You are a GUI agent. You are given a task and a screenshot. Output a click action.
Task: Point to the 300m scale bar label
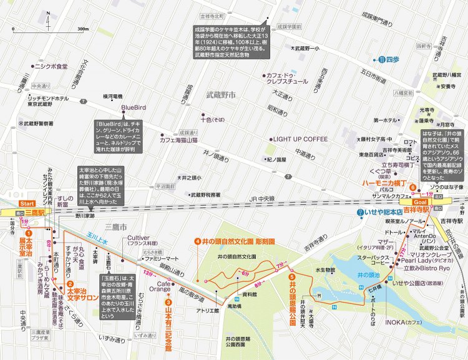click(82, 29)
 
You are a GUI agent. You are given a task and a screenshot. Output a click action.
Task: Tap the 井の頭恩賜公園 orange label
click(292, 293)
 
